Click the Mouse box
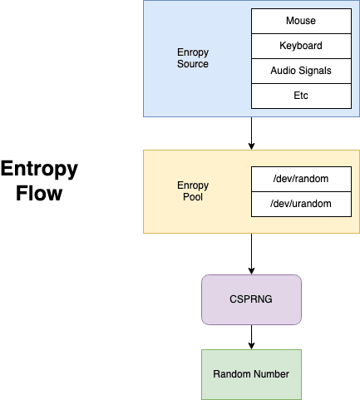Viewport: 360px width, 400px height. pos(301,21)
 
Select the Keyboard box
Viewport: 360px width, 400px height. pos(301,46)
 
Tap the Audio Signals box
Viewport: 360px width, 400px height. pos(301,71)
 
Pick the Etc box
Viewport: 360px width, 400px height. pos(301,96)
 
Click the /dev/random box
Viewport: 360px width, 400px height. pos(301,179)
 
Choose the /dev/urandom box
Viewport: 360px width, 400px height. pos(301,204)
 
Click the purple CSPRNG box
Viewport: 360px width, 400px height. pos(251,299)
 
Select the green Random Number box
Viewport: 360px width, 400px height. pos(251,374)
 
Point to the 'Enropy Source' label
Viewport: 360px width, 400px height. pos(193,58)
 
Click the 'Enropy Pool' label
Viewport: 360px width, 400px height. pos(193,191)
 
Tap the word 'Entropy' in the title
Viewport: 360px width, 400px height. pos(39,169)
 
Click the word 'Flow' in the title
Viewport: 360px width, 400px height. pos(39,193)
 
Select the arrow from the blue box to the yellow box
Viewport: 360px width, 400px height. pos(251,133)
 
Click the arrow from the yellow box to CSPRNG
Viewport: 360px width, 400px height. pos(251,254)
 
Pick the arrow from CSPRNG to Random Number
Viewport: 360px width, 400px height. pos(251,337)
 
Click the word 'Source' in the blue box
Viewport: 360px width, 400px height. pos(193,64)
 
